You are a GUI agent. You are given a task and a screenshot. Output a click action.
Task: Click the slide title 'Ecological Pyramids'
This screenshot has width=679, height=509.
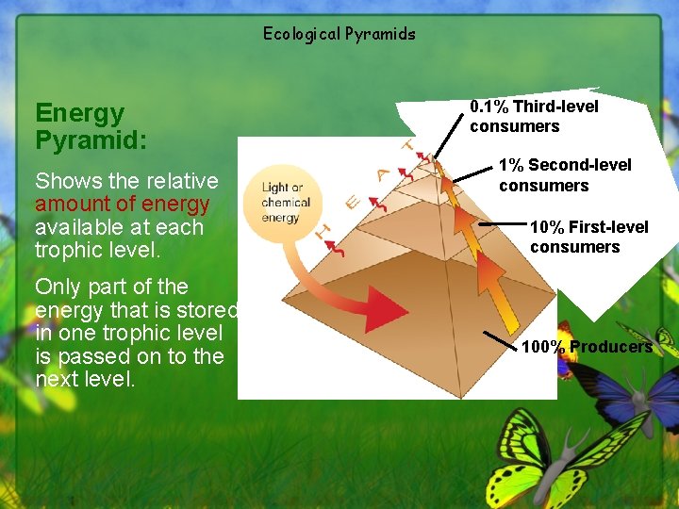click(x=339, y=34)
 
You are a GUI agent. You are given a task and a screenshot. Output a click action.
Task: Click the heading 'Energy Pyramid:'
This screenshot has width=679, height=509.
click(x=91, y=126)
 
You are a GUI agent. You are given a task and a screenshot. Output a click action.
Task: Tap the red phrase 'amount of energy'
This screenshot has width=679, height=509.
click(x=122, y=204)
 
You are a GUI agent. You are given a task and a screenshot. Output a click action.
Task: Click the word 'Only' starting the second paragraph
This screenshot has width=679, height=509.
click(x=58, y=287)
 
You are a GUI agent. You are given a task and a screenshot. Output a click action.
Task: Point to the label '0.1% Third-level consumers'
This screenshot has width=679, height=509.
click(x=534, y=116)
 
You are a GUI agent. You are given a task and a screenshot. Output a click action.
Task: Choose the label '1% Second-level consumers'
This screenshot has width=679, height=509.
click(x=564, y=175)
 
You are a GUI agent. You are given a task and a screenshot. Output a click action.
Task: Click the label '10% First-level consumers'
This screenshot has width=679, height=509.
click(x=588, y=237)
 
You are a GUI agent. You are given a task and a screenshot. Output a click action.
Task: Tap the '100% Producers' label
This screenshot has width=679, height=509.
click(x=586, y=347)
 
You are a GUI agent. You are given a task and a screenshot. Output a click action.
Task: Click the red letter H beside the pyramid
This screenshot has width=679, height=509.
click(x=323, y=228)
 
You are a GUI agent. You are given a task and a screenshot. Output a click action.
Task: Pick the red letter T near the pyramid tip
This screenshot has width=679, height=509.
click(x=407, y=146)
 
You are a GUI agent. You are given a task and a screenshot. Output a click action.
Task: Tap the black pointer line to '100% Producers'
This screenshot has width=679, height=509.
click(x=501, y=340)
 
